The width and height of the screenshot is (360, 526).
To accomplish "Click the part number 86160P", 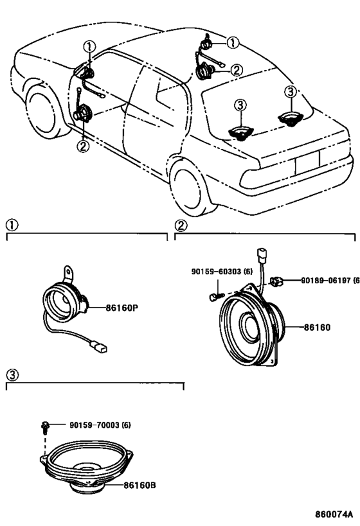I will [122, 308].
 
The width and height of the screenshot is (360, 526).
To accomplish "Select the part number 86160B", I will [139, 485].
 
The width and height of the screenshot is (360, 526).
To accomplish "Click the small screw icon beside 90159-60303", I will [214, 297].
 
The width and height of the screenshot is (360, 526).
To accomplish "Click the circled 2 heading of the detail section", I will [181, 225].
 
